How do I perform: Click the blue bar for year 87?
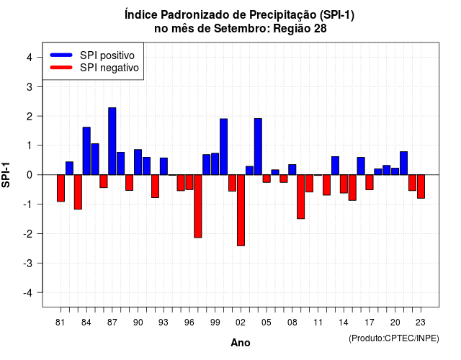pos(112,141)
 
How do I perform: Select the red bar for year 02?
pos(241,210)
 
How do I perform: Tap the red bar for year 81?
pos(61,188)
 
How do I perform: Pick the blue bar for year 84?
pos(86,151)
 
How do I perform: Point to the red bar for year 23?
pos(421,186)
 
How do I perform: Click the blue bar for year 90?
pos(138,162)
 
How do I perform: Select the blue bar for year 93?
pos(164,166)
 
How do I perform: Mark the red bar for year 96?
pos(189,182)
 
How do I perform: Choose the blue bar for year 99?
pos(215,164)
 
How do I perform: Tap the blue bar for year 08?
pos(292,170)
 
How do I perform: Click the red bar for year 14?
pos(344,184)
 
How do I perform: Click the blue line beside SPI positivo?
pos(61,55)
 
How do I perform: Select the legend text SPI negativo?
pos(109,68)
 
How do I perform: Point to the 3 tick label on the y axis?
pos(29,86)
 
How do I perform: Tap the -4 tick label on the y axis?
pos(27,293)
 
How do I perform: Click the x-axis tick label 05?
pos(266,323)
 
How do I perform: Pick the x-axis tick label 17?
pos(370,323)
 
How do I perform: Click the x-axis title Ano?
pos(241,343)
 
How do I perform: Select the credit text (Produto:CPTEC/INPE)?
pos(394,338)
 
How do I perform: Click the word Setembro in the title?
pos(240,29)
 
